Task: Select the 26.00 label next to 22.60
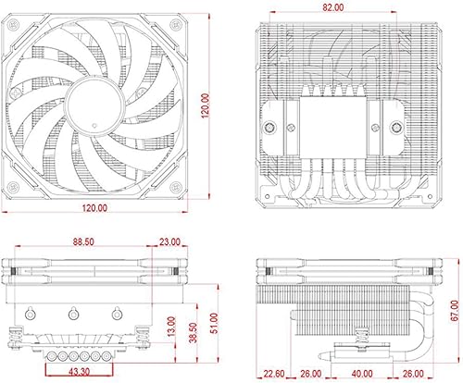coord(312,373)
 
